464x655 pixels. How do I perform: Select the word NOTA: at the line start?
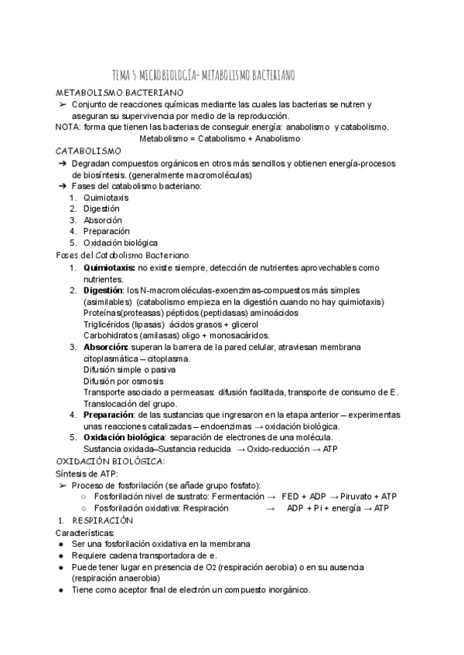tap(68, 127)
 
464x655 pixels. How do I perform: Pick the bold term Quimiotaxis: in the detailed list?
tap(109, 267)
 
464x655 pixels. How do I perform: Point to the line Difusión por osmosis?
tap(123, 381)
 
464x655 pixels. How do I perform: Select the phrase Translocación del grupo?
tap(130, 403)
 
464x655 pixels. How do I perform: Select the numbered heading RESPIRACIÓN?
tap(107, 521)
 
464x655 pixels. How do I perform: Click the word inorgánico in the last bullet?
tap(283, 589)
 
